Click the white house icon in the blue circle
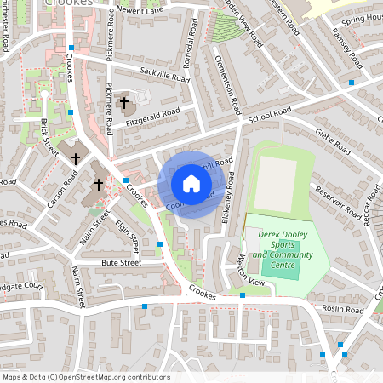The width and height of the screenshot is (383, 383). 191,184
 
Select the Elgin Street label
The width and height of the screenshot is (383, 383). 127,235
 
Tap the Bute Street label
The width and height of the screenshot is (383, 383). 121,264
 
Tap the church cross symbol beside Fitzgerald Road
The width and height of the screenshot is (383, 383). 124,103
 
